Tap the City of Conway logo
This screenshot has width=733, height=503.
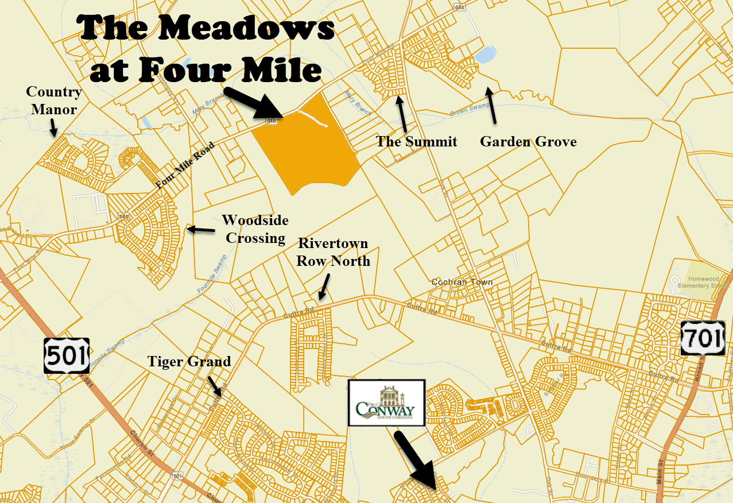[386, 403]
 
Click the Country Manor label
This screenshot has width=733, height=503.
[54, 100]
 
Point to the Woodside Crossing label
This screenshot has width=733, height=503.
[255, 229]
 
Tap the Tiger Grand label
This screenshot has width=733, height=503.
[189, 361]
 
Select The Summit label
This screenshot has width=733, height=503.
[416, 141]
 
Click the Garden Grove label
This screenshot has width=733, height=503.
[528, 141]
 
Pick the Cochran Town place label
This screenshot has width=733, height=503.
[461, 283]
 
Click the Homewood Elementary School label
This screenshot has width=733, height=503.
[708, 282]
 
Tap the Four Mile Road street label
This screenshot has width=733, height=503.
[185, 165]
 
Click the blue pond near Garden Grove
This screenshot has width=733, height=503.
[484, 55]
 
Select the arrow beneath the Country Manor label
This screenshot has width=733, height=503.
[53, 127]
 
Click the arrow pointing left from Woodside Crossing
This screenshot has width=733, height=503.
[201, 230]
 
